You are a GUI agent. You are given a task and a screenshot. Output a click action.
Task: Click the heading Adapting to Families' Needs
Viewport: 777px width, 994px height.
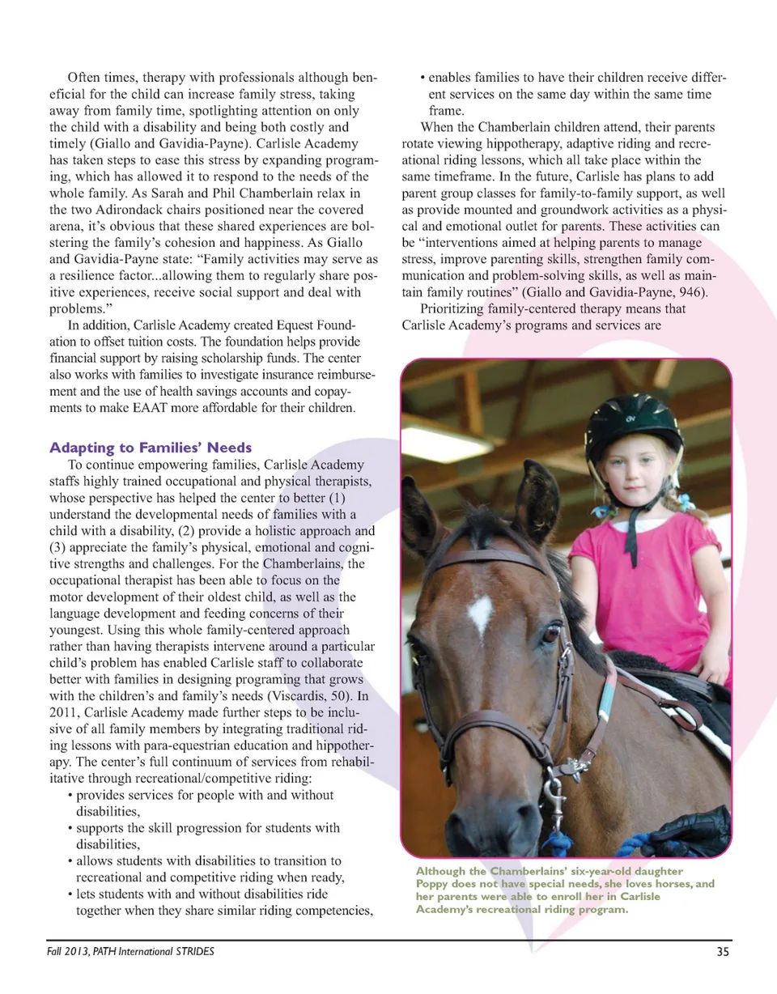[151, 448]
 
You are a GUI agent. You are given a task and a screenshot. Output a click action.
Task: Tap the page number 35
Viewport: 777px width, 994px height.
[723, 952]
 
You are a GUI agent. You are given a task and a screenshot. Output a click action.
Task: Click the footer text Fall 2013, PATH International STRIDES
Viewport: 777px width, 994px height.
[129, 952]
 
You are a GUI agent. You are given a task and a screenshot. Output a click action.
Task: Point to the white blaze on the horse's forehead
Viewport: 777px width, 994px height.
[480, 613]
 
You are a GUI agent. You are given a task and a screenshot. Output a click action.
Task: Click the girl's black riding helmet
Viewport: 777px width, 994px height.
[633, 426]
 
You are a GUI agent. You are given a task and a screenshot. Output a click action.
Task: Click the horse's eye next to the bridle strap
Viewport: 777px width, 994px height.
[551, 633]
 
